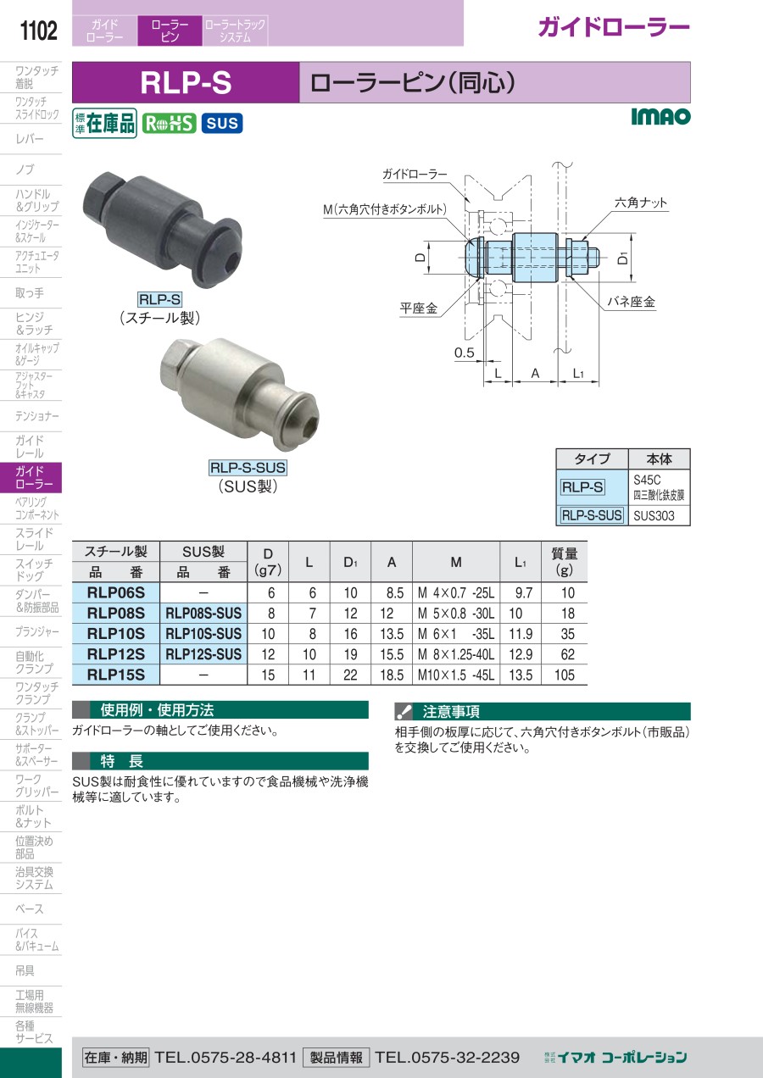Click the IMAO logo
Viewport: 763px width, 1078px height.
coord(660,116)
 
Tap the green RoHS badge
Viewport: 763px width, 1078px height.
coord(169,124)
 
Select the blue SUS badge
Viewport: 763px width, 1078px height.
coord(222,124)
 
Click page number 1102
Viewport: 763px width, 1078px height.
coord(38,31)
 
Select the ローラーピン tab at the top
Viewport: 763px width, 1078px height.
coord(170,31)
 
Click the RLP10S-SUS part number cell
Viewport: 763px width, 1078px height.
coord(203,633)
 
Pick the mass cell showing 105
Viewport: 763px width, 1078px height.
coord(564,675)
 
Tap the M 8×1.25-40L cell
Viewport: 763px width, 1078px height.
coord(456,654)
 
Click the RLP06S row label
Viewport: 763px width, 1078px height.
coord(116,592)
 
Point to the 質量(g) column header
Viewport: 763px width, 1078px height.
coord(564,562)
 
